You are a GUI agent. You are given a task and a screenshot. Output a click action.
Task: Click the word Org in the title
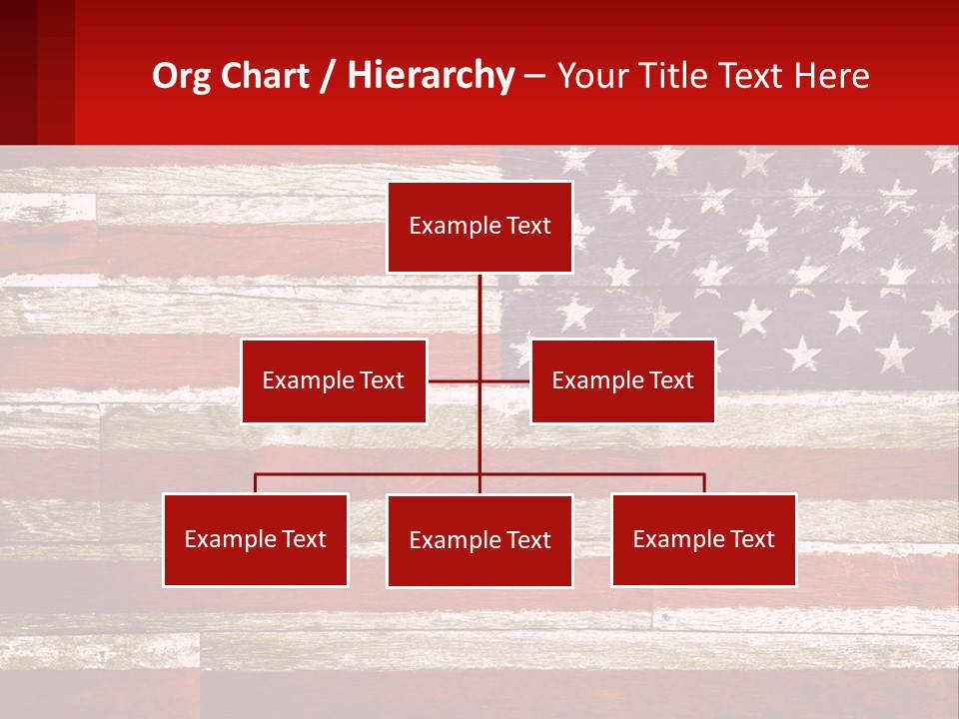[181, 76]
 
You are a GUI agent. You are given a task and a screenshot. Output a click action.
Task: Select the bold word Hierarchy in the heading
[431, 76]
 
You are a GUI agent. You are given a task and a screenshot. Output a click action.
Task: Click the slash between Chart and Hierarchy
[329, 76]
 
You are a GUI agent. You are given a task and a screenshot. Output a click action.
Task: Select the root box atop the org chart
[479, 227]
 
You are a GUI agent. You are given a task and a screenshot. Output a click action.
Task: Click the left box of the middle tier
[334, 380]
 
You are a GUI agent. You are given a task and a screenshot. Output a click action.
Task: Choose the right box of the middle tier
[622, 380]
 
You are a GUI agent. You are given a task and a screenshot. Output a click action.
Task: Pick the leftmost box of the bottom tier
[255, 540]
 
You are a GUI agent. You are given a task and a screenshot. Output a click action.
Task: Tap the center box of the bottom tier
[479, 541]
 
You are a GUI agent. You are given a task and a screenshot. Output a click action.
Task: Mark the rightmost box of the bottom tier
[703, 540]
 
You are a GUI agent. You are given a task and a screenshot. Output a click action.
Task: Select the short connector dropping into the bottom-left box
[255, 484]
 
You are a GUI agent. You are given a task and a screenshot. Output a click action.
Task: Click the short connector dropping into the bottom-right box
[704, 484]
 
